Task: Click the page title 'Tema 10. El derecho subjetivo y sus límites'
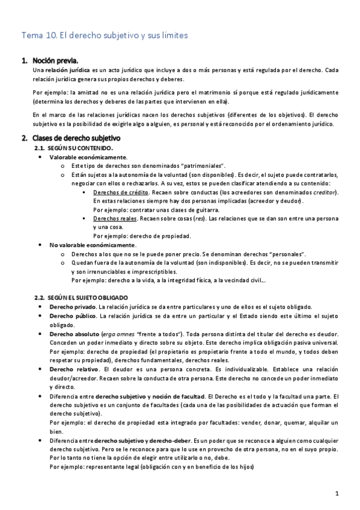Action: [x=105, y=35]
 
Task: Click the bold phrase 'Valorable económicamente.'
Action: [x=80, y=156]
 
